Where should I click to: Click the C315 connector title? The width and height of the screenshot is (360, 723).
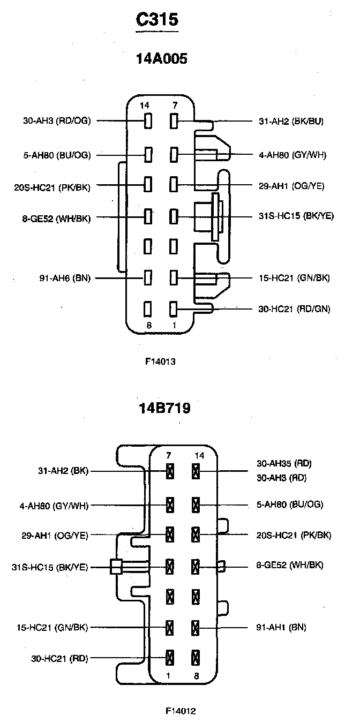click(x=156, y=20)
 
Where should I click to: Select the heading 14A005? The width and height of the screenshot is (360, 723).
click(x=163, y=59)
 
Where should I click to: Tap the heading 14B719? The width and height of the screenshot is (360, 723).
click(x=164, y=409)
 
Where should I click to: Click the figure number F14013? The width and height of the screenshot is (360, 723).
click(x=160, y=361)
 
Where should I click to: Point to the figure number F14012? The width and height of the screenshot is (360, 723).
click(x=181, y=711)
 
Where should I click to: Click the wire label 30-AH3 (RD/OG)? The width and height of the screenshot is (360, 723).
click(x=57, y=121)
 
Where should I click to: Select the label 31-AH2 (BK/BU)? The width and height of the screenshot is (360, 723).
click(x=290, y=121)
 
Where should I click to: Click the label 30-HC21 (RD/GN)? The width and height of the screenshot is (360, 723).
click(x=294, y=308)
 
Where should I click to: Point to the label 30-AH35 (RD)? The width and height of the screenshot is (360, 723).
click(x=284, y=463)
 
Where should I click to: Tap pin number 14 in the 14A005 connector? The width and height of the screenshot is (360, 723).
click(x=145, y=106)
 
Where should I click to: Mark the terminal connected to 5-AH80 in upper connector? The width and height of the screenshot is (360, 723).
click(x=148, y=155)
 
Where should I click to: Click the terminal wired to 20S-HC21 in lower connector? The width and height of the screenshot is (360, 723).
click(x=196, y=534)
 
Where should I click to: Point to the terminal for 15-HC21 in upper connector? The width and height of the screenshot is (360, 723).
click(x=174, y=278)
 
